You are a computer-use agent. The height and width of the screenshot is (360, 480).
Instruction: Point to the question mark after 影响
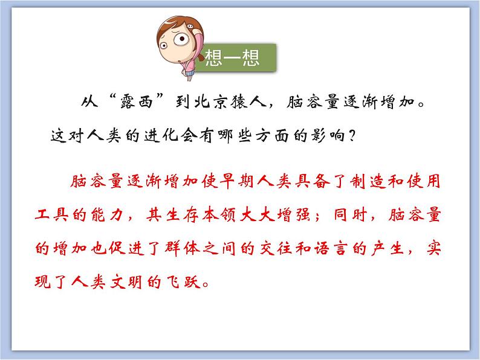tap(352, 135)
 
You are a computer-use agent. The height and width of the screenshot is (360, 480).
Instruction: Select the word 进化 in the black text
tap(161, 135)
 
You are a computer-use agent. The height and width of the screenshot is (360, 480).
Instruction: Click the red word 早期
tap(236, 181)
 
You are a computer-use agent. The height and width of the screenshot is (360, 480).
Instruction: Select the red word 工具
tap(51, 214)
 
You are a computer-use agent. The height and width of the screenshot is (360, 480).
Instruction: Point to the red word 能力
tap(107, 214)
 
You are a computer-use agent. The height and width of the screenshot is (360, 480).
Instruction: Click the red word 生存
tap(183, 214)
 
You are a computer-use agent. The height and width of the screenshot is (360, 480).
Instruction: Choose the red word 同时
tap(351, 214)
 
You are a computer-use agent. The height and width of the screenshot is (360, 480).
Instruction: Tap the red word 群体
tap(183, 248)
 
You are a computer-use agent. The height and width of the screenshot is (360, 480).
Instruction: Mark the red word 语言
tap(330, 248)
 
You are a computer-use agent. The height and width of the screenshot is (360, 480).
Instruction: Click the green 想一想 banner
tap(236, 57)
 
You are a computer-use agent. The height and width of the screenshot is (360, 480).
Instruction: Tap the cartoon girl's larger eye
tap(181, 39)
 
